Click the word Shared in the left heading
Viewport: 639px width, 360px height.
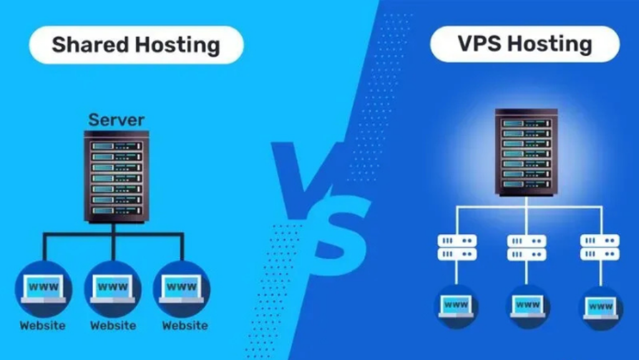90,44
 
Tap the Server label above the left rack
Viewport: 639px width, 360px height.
117,120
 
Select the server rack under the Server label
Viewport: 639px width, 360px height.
117,177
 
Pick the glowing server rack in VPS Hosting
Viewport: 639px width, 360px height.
526,152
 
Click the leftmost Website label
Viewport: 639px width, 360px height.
42,326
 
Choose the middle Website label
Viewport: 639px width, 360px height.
114,326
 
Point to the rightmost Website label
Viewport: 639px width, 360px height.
185,326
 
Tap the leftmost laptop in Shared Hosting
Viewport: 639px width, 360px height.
43,289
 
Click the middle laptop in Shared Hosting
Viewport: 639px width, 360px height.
113,289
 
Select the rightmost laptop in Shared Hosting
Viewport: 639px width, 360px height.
182,289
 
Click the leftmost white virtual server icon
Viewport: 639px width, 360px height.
457,247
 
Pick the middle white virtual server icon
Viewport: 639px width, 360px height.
527,248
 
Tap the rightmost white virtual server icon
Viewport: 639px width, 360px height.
600,247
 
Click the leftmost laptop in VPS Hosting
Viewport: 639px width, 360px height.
456,306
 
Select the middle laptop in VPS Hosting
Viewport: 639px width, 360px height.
527,306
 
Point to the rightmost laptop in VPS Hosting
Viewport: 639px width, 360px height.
601,308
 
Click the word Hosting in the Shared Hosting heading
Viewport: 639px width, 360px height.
178,46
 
